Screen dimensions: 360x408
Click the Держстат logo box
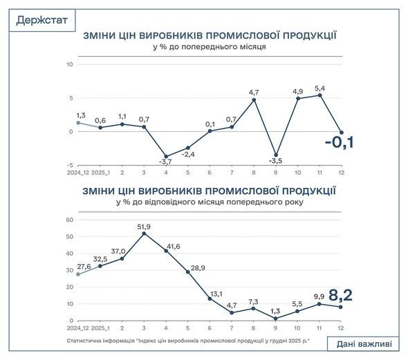point(43,20)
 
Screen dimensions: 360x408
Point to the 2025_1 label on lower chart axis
point(100,330)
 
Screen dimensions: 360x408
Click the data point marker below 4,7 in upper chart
point(254,100)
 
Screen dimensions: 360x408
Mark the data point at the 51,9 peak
point(144,234)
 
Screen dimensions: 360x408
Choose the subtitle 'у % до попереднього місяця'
point(210,47)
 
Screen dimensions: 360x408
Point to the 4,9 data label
point(298,90)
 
